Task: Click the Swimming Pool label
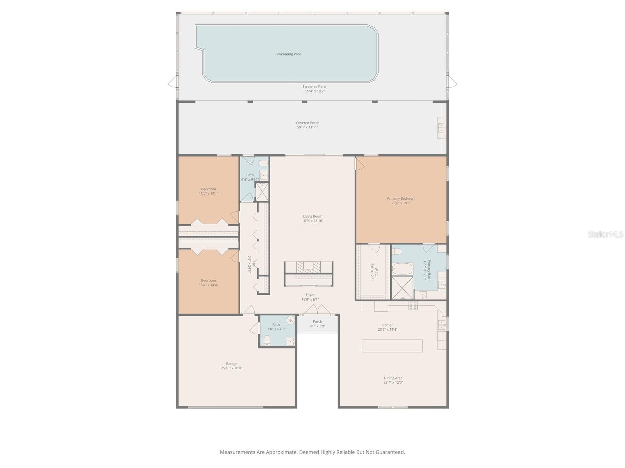pos(288,54)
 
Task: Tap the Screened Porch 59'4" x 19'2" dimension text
pos(315,91)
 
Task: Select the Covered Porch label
pos(307,123)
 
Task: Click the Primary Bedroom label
pos(401,199)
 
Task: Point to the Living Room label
pos(312,216)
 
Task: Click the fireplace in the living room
pos(309,266)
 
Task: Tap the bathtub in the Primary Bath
pos(402,269)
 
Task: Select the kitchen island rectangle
pos(392,346)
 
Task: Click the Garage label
pos(231,364)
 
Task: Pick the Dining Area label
pos(393,378)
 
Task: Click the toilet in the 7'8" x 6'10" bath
pos(267,342)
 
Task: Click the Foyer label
pos(310,295)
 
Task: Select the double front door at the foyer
pos(317,310)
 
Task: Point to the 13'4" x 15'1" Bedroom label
pos(208,189)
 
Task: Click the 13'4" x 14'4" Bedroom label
pos(208,280)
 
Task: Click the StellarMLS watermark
pos(605,234)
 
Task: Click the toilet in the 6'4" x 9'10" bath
pos(262,163)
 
